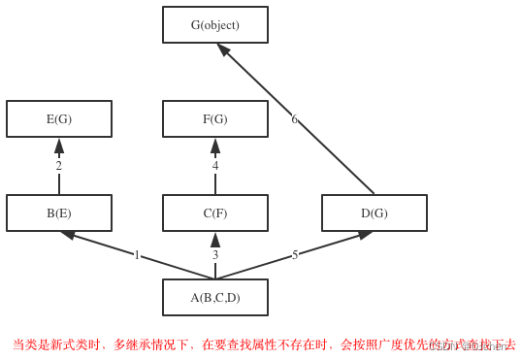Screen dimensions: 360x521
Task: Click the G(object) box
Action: pyautogui.click(x=214, y=25)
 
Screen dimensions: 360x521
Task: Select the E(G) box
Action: pyautogui.click(x=59, y=119)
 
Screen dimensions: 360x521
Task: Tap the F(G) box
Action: pyautogui.click(x=214, y=119)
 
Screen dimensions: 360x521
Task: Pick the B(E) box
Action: pyautogui.click(x=59, y=213)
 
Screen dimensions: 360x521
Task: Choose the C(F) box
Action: pyautogui.click(x=214, y=213)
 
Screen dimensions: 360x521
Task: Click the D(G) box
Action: pyautogui.click(x=374, y=213)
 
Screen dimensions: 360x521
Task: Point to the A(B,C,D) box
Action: pyautogui.click(x=214, y=298)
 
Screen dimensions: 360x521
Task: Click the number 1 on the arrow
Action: pyautogui.click(x=137, y=255)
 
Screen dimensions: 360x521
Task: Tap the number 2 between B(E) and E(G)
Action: pyautogui.click(x=58, y=166)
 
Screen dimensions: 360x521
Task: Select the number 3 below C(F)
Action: pyautogui.click(x=215, y=255)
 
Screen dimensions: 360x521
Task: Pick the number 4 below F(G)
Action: pyautogui.click(x=215, y=166)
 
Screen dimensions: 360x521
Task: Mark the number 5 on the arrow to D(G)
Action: pyautogui.click(x=295, y=255)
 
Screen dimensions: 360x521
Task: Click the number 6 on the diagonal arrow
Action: pyautogui.click(x=294, y=119)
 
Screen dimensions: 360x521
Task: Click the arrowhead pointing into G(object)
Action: pyautogui.click(x=223, y=49)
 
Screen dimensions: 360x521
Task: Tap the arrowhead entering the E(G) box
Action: pyautogui.click(x=59, y=146)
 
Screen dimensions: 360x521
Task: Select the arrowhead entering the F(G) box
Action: pyautogui.click(x=215, y=146)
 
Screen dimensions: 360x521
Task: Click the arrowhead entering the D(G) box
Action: pyautogui.click(x=365, y=234)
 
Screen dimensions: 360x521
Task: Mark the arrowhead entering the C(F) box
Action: pyautogui.click(x=215, y=240)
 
